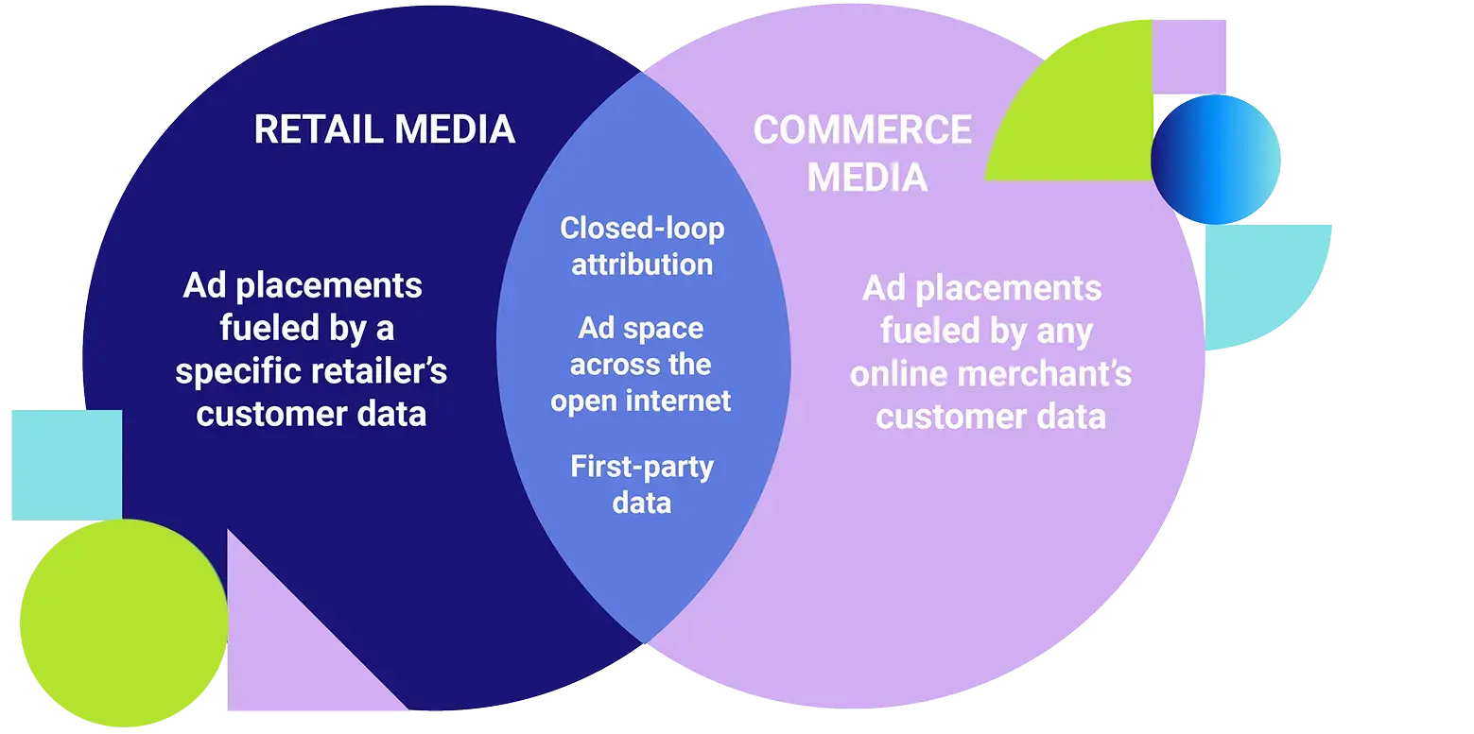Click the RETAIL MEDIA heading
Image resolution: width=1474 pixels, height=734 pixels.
tap(384, 129)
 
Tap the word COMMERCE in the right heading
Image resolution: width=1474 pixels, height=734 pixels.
tap(862, 130)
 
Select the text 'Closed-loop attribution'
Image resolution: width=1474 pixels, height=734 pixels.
tap(642, 246)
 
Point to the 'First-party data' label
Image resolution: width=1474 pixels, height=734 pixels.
tap(642, 484)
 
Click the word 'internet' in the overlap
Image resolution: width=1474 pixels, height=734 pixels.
tap(681, 401)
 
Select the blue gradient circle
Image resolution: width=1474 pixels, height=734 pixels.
tap(1215, 159)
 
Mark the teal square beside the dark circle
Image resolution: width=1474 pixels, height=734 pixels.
tap(64, 463)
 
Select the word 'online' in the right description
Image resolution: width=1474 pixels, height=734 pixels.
tap(899, 373)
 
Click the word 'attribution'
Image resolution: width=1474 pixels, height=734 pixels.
tap(642, 264)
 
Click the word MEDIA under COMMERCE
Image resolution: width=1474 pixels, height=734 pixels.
tap(867, 177)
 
